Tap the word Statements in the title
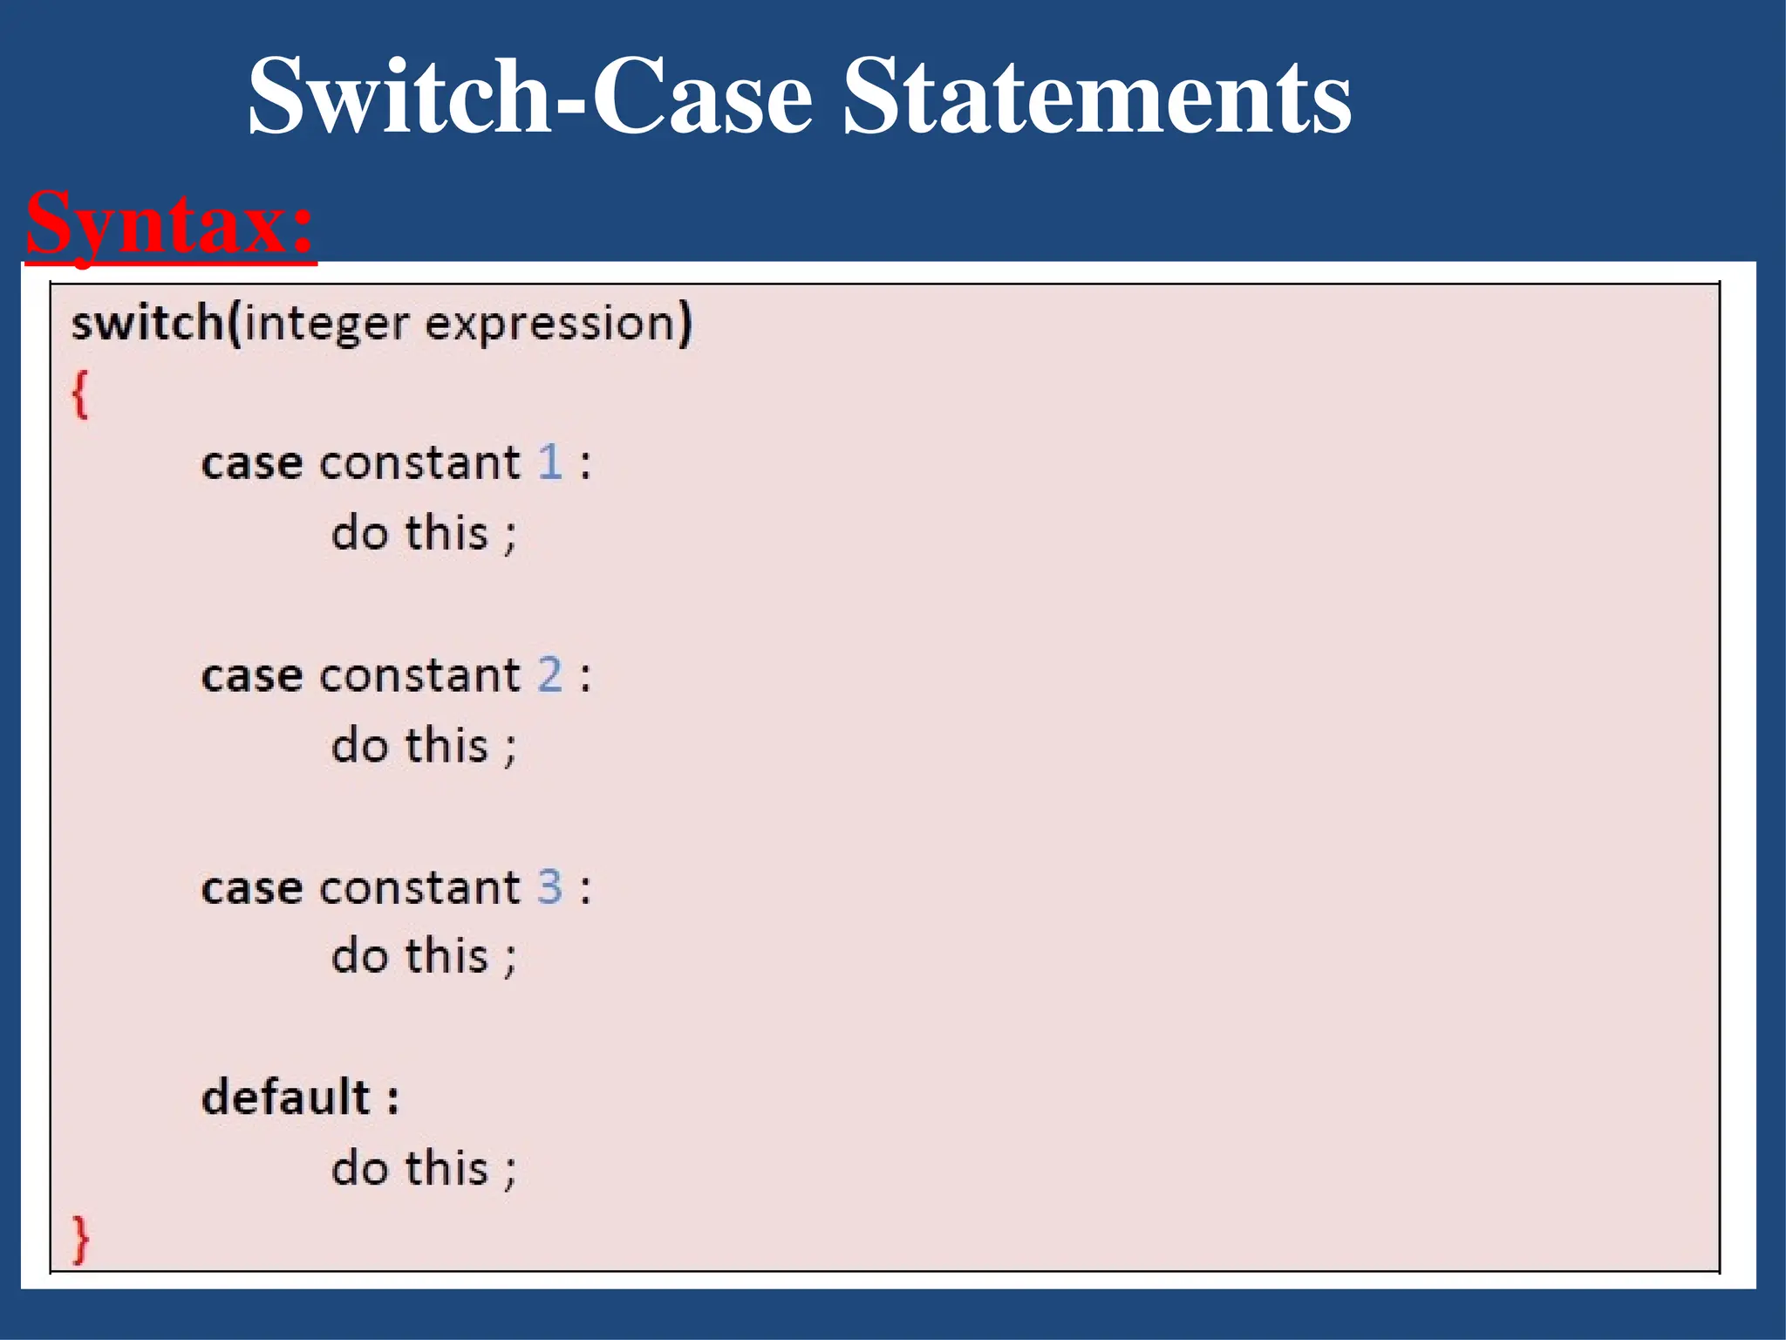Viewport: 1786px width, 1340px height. [x=1098, y=95]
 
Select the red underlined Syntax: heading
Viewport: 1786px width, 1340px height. [x=169, y=223]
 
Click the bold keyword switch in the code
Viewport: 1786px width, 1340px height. [x=147, y=323]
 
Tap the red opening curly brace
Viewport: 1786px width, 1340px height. [x=80, y=394]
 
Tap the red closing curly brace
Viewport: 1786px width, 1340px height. [x=80, y=1239]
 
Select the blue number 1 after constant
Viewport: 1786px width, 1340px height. [x=549, y=462]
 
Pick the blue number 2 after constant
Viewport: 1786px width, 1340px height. [x=549, y=675]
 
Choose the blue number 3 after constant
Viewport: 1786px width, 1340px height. [x=549, y=888]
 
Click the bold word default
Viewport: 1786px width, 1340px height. [x=286, y=1097]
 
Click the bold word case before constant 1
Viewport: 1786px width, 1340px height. [x=252, y=464]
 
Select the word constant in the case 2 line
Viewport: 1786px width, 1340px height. [x=420, y=676]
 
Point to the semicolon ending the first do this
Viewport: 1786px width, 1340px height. [x=510, y=536]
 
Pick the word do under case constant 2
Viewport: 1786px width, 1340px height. [x=359, y=747]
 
